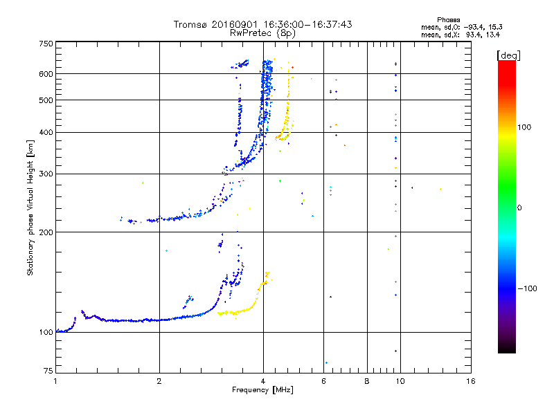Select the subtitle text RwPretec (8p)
(x=262, y=33)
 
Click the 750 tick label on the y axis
(x=46, y=44)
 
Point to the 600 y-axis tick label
(x=46, y=74)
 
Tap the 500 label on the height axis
(x=46, y=100)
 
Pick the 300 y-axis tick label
(x=46, y=174)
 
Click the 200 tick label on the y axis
(x=46, y=232)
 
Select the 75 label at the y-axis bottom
(x=48, y=371)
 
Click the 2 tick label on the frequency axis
(x=159, y=381)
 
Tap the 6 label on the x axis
(x=323, y=381)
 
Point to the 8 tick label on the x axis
(x=367, y=381)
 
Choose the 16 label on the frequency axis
(x=471, y=381)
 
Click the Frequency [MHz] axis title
(x=262, y=390)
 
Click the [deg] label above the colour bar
(x=508, y=55)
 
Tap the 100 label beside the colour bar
(x=524, y=127)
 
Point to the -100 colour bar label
(x=527, y=288)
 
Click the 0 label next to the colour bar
(x=519, y=208)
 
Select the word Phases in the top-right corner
(x=448, y=20)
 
